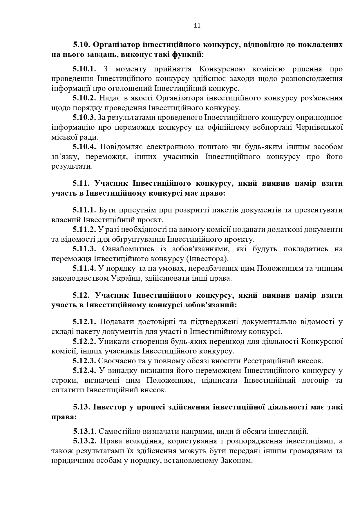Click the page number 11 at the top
[x=197, y=26]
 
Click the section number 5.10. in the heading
[x=82, y=45]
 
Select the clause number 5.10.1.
[x=84, y=69]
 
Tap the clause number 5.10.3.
[x=84, y=118]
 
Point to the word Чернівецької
[x=320, y=127]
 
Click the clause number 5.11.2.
[x=84, y=230]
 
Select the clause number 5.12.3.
[x=84, y=361]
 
